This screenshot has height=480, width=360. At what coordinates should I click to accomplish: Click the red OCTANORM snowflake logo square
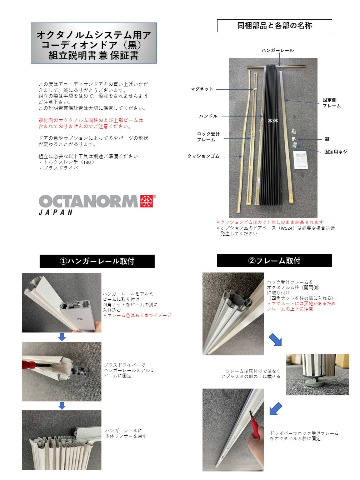pos(147,201)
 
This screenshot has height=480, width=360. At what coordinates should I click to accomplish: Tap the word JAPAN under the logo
pos(55,212)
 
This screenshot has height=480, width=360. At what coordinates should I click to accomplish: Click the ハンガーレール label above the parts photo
pos(277,50)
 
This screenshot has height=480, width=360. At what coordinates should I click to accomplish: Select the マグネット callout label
pos(202,89)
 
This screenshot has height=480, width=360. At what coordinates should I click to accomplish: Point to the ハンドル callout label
pos(208,116)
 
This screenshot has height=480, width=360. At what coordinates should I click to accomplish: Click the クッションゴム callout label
pos(203,156)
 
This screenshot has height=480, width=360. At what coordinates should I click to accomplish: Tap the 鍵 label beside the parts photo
pos(327,139)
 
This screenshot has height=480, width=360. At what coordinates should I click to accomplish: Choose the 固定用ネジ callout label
pos(336,151)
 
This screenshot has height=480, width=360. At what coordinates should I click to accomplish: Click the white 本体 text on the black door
pos(273,121)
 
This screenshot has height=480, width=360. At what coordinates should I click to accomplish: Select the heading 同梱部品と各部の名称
pos(275,26)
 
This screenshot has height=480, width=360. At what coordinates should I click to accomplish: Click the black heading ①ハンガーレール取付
pos(97,261)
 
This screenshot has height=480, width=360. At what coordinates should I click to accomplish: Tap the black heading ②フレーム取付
pos(275,261)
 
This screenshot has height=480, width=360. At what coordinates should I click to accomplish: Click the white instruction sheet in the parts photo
pos(300,160)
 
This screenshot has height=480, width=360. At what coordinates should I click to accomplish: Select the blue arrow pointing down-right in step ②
pos(275,340)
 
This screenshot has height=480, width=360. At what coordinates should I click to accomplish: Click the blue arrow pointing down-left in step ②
pos(276,409)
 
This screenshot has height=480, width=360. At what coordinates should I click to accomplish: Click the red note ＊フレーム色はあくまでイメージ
pos(137,315)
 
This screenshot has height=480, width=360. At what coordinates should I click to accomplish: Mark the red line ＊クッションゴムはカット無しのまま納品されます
pos(270,222)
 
